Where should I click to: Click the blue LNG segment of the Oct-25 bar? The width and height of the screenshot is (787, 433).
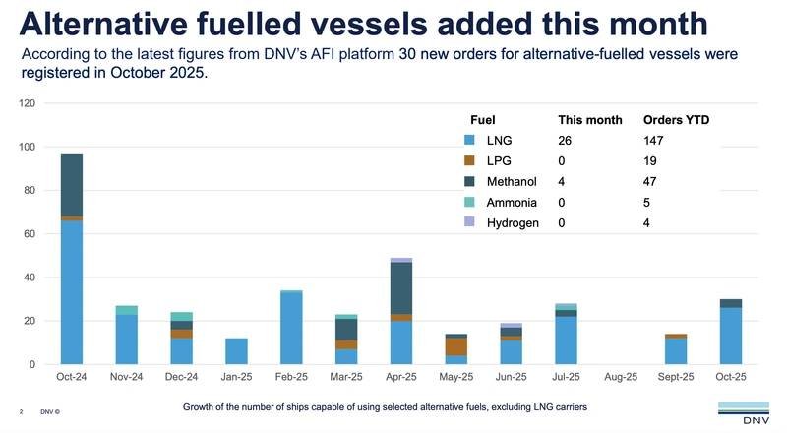pos(731,336)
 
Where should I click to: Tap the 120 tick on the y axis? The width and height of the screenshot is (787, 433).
pos(28,103)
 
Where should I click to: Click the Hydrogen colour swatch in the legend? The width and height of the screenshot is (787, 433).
pos(470,222)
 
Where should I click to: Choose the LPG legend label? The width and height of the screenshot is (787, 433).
pos(513,160)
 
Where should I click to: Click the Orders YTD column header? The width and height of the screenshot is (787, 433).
pos(676,119)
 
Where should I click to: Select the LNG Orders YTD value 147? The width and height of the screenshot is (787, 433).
pos(654,141)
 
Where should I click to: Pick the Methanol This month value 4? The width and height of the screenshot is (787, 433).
pos(562,181)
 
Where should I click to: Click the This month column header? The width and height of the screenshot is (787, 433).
pos(589,119)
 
